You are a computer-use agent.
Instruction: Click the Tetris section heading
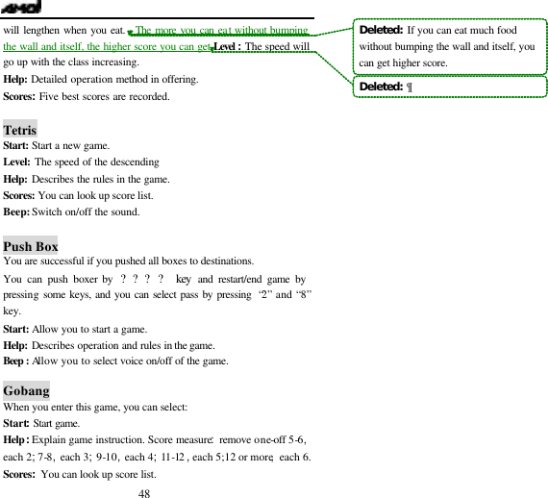[x=20, y=130]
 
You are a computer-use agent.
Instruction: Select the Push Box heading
[x=31, y=245]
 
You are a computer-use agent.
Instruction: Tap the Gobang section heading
[x=26, y=391]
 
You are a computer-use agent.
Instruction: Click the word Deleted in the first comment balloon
[x=380, y=30]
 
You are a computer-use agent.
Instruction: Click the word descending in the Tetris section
[x=135, y=162]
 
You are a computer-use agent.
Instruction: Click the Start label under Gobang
[x=16, y=423]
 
